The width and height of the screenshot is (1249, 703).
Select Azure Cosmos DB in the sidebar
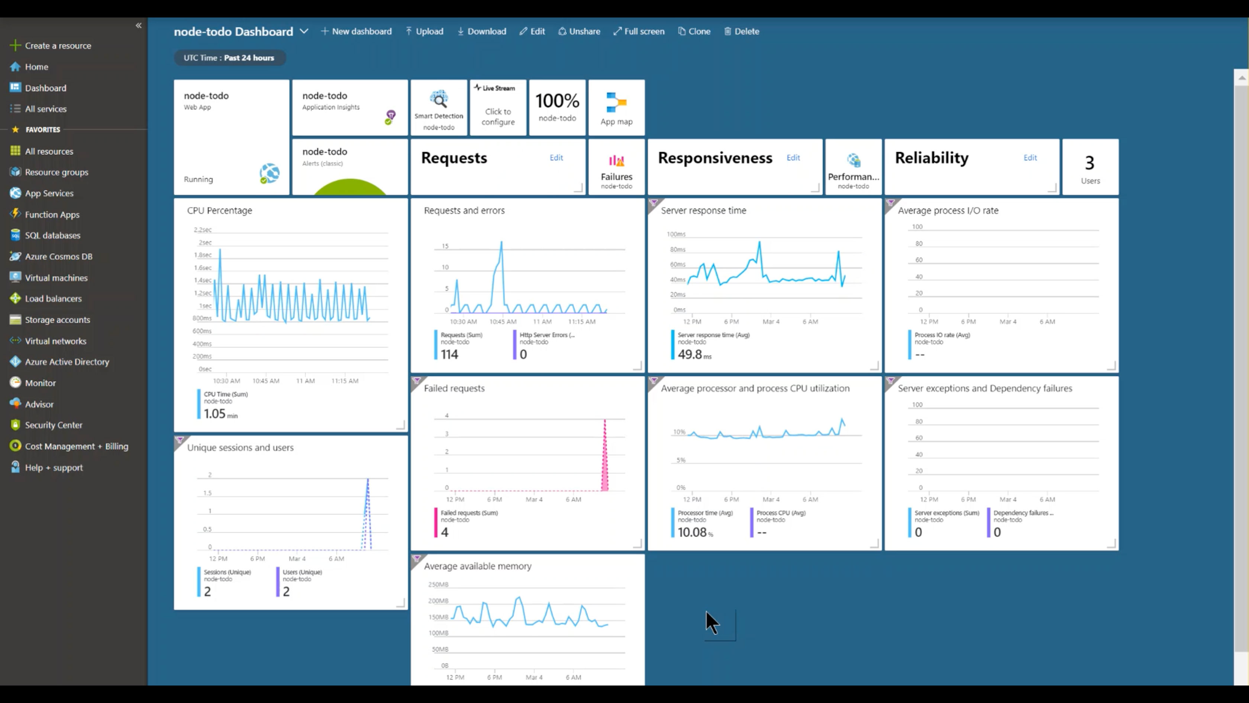(58, 257)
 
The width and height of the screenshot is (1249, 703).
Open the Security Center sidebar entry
(53, 425)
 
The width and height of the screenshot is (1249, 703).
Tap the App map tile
(616, 108)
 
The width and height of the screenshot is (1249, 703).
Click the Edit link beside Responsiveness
(793, 158)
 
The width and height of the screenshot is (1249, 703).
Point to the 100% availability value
(557, 101)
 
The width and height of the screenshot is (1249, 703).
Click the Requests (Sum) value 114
(449, 354)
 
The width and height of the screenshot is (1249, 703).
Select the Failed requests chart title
(454, 388)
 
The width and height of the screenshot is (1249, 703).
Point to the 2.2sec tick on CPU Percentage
(203, 230)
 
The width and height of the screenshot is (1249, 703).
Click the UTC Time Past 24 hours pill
(229, 58)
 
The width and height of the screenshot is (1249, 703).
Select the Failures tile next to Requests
(616, 167)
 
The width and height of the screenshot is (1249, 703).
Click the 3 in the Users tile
(1090, 163)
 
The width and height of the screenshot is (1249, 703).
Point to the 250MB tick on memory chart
(438, 585)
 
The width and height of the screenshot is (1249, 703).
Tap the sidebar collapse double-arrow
(139, 25)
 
